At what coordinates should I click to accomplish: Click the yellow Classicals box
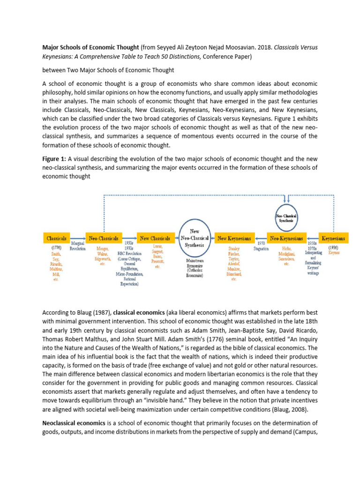click(x=56, y=238)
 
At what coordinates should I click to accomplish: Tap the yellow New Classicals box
click(x=156, y=238)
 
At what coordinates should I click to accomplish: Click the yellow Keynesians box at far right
click(x=333, y=238)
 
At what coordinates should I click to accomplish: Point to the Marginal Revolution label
click(x=77, y=247)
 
